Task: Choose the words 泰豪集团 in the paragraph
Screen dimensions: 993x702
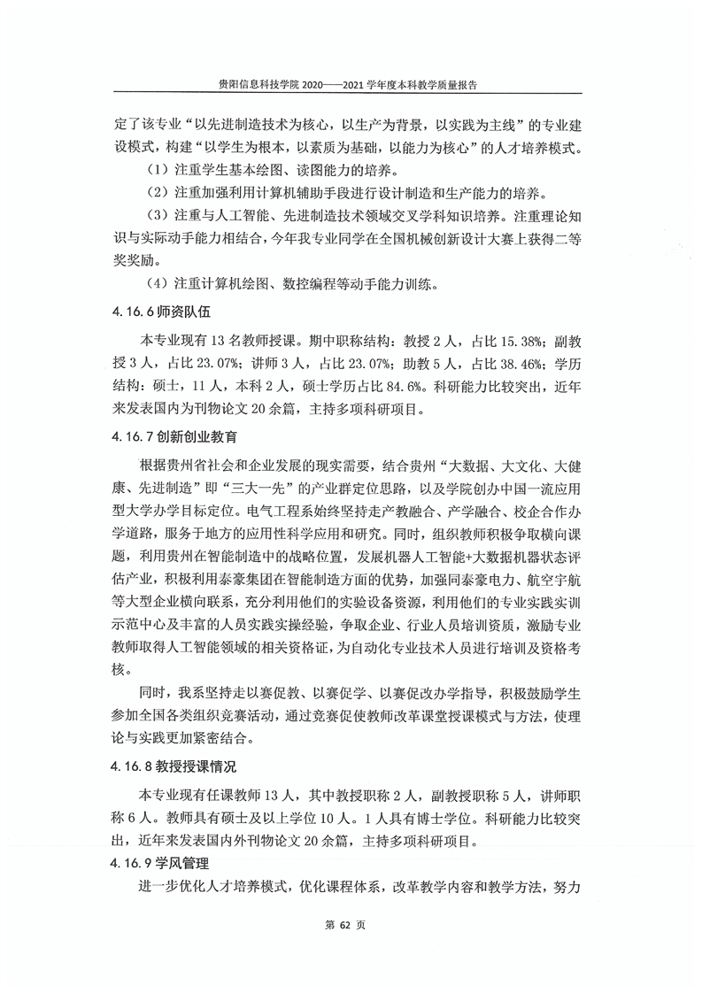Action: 282,579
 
